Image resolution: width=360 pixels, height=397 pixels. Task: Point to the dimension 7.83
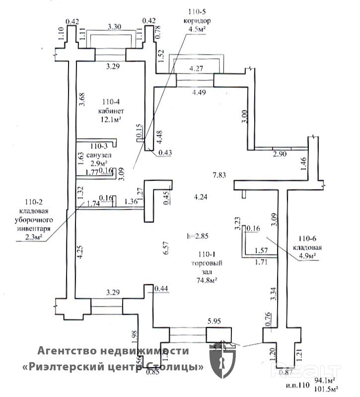(x=219, y=175)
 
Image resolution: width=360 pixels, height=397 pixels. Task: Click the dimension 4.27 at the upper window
(x=194, y=68)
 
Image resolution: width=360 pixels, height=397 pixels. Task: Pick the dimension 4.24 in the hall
(x=202, y=197)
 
